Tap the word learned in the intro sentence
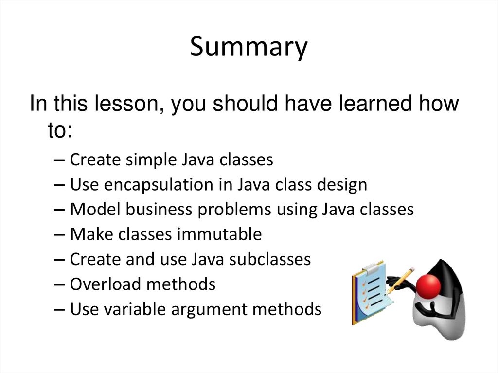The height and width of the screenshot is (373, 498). [x=359, y=104]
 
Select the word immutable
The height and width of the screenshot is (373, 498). [x=219, y=234]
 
